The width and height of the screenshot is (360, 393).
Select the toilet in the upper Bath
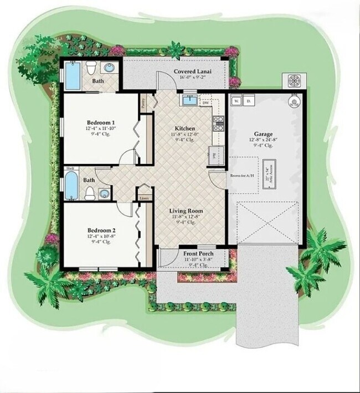92,69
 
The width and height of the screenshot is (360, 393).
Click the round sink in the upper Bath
110,69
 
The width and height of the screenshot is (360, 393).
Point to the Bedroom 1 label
101,122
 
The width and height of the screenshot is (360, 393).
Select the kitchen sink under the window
189,100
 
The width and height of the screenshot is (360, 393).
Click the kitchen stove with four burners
218,123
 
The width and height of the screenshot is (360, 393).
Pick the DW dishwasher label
205,103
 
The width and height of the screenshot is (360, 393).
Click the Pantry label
143,102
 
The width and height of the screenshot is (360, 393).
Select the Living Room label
186,211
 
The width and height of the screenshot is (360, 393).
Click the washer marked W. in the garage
237,101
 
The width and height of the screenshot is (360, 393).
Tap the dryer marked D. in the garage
249,101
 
